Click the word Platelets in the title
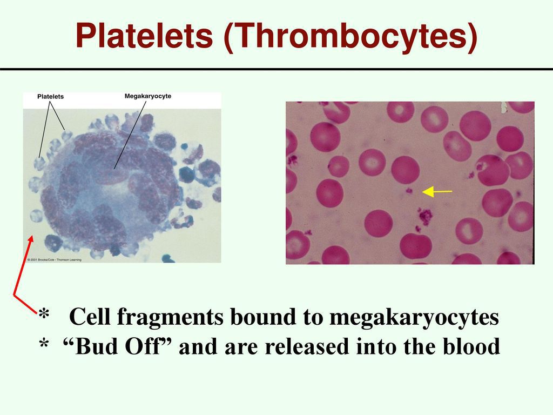tap(144, 35)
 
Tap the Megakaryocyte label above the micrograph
tap(148, 96)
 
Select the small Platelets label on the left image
tap(50, 96)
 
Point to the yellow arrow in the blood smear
tap(437, 192)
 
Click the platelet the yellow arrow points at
tap(409, 191)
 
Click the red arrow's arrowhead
tap(31, 239)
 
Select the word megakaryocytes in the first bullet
tap(414, 318)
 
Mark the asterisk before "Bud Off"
tap(44, 344)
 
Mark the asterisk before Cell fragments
tap(44, 313)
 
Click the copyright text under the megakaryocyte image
tap(55, 260)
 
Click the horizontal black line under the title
tap(276, 69)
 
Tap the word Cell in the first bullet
tap(90, 317)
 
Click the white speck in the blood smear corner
tap(504, 108)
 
